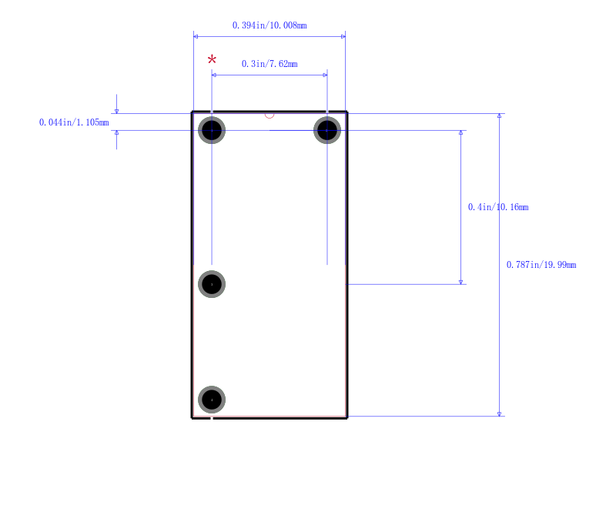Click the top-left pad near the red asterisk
[212, 130]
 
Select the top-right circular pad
[327, 130]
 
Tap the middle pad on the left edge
[212, 284]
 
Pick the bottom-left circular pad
[212, 400]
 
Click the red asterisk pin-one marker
[212, 60]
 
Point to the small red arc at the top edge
[269, 115]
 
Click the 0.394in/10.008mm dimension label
[269, 25]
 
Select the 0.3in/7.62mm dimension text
[269, 64]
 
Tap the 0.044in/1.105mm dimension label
[74, 122]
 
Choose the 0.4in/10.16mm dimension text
[498, 207]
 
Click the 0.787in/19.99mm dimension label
[541, 265]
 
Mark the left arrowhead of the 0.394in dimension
[196, 36]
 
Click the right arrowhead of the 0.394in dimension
[343, 36]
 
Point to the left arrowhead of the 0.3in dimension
[214, 75]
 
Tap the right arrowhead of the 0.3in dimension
[325, 75]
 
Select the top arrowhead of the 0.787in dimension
[499, 116]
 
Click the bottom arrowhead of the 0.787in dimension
[499, 413]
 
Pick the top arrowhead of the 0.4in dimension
[460, 133]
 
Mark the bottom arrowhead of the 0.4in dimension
[460, 282]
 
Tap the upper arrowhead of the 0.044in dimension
[116, 111]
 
